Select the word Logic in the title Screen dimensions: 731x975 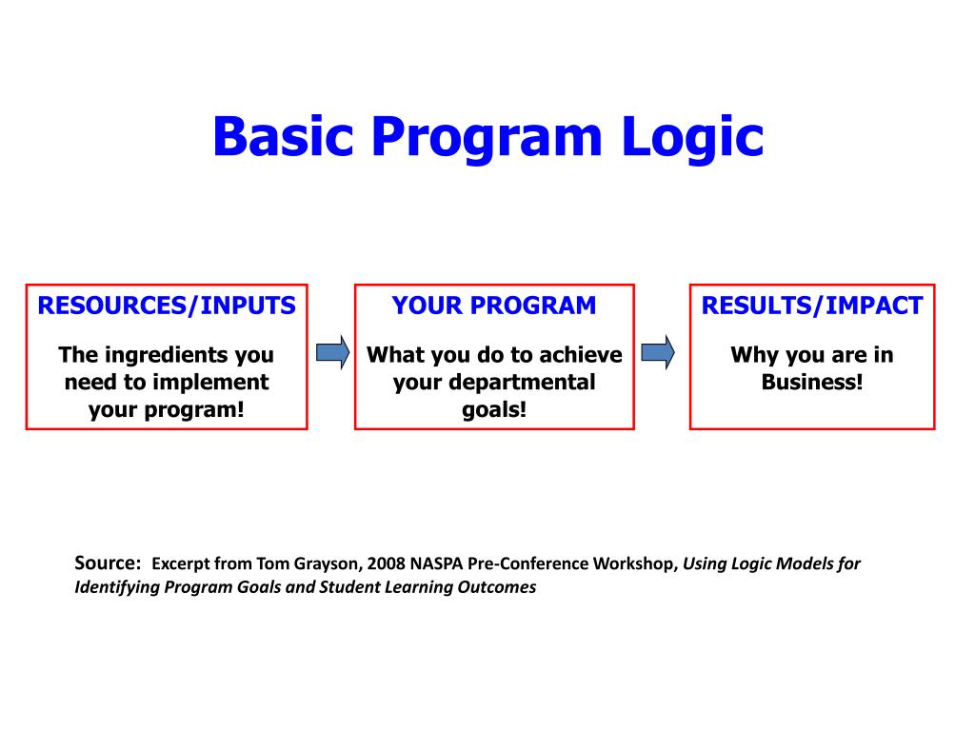pos(693,137)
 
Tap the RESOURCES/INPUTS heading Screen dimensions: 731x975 pos(167,306)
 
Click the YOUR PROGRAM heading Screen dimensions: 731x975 pos(494,306)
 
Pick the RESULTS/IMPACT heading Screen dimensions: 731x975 pos(812,306)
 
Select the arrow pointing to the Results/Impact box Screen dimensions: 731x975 pos(658,352)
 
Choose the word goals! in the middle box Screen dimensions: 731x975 pos(494,409)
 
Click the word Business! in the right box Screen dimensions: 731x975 pos(812,383)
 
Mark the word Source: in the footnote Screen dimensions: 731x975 pos(108,563)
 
